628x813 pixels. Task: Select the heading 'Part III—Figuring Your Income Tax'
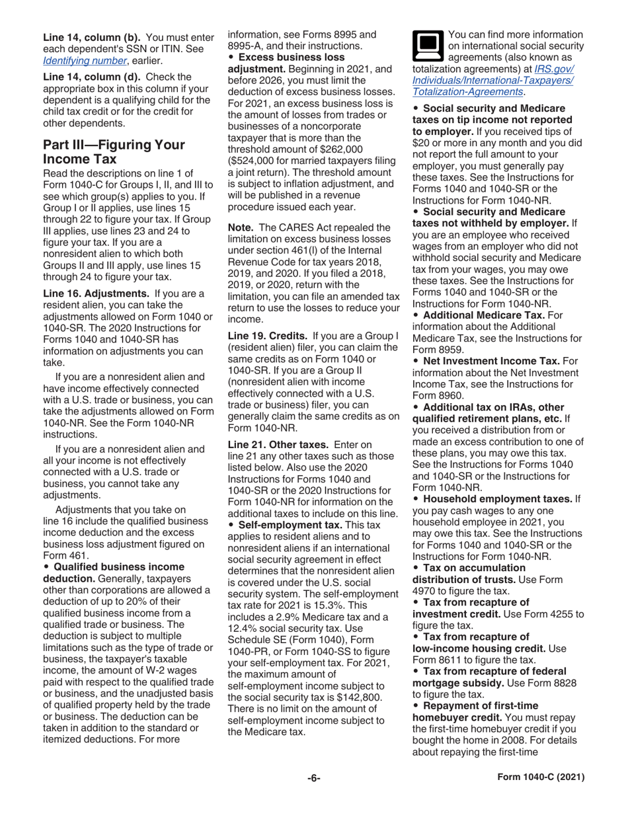click(x=114, y=152)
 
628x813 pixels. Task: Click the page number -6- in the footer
click(x=313, y=778)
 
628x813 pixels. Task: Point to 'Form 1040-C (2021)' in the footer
click(x=540, y=778)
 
